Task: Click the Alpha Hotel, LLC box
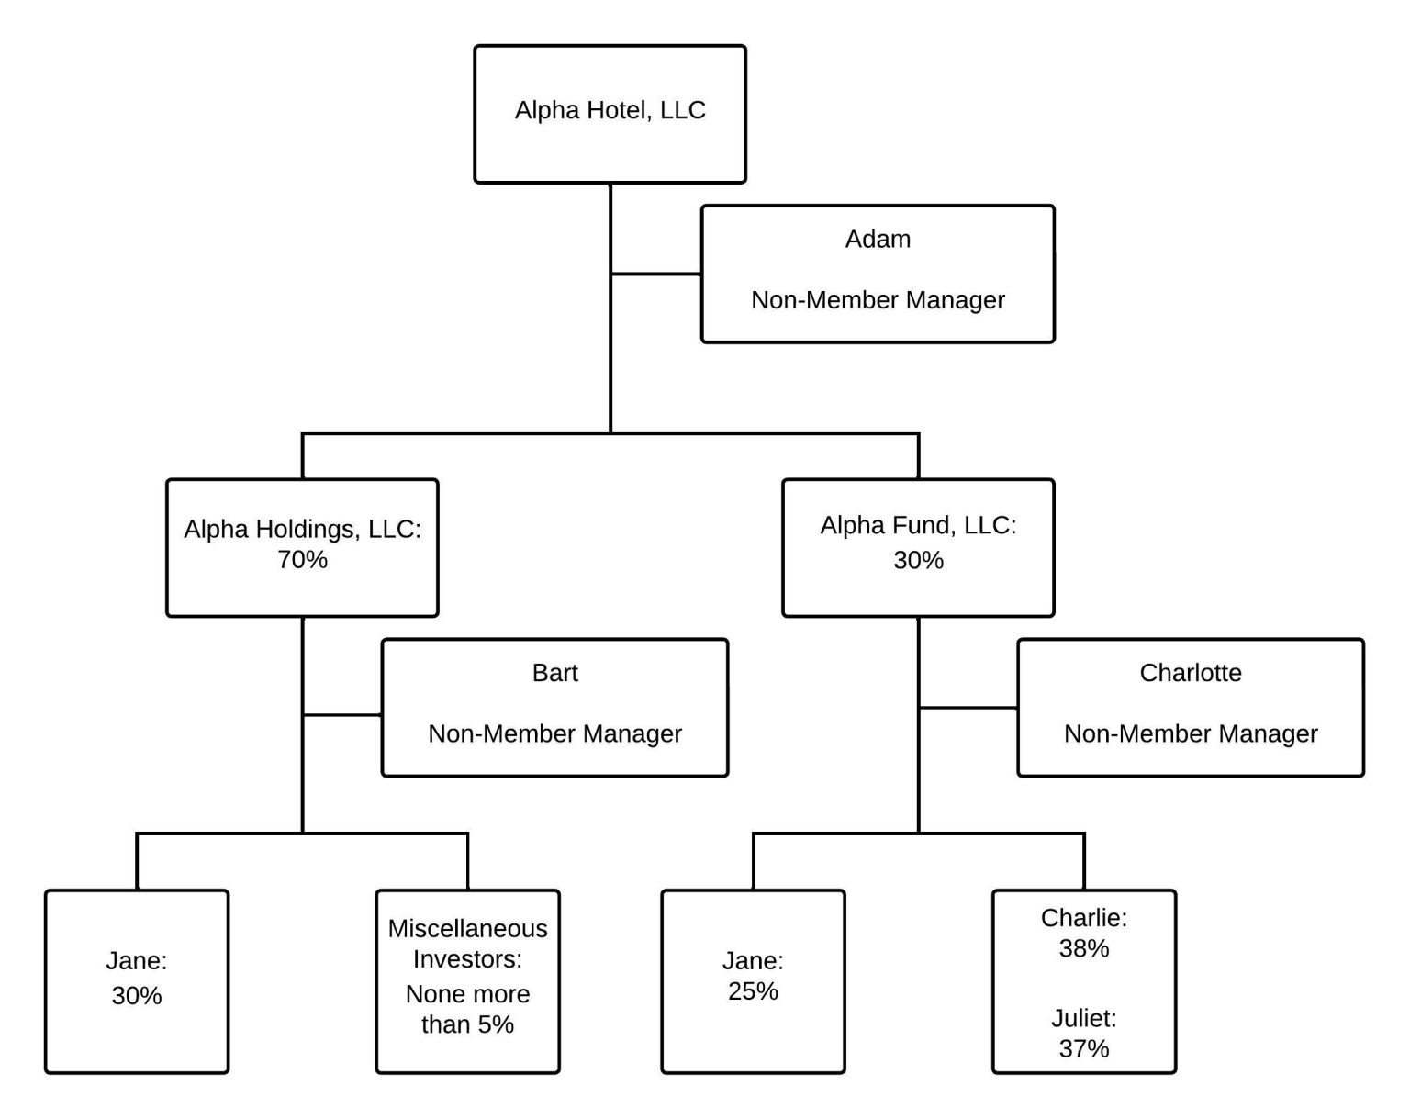pos(610,113)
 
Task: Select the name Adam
pos(878,240)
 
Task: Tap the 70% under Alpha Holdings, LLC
pos(302,560)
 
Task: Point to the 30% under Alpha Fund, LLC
pos(918,560)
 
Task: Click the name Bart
pos(554,673)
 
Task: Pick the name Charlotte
pos(1190,673)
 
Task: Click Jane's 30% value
pos(137,995)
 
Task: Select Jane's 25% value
pos(753,991)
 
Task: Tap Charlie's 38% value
pos(1083,948)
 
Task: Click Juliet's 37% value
pos(1083,1048)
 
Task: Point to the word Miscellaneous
pos(467,929)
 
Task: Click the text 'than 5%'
pos(467,1024)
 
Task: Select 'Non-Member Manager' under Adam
pos(878,300)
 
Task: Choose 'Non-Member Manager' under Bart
pos(554,734)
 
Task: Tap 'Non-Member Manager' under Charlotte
pos(1190,734)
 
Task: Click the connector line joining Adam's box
pos(656,274)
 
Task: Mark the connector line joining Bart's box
pos(342,714)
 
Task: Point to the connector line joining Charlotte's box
pos(968,708)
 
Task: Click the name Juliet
pos(1083,1018)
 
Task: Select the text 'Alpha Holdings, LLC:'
pos(302,530)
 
